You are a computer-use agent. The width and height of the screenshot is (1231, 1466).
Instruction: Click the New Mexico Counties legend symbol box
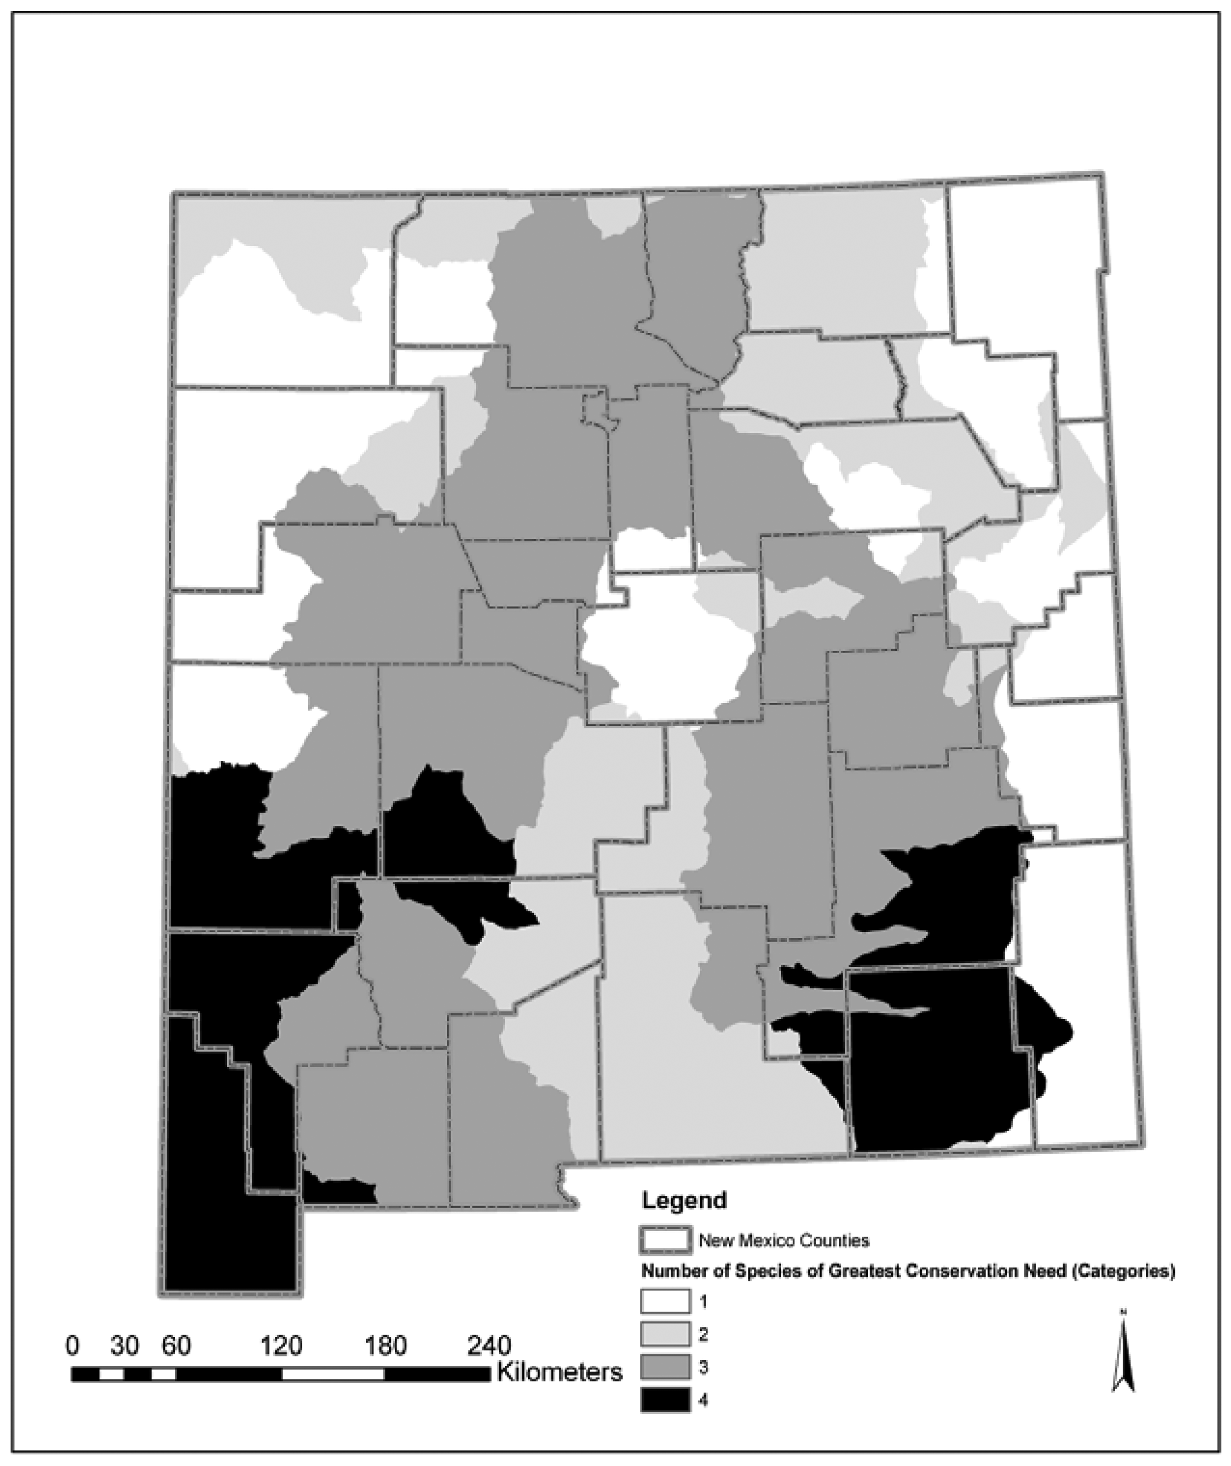pos(665,1240)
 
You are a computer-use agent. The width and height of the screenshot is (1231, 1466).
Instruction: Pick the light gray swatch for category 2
pos(665,1334)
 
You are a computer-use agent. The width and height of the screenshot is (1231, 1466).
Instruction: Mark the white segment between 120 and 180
pos(333,1374)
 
